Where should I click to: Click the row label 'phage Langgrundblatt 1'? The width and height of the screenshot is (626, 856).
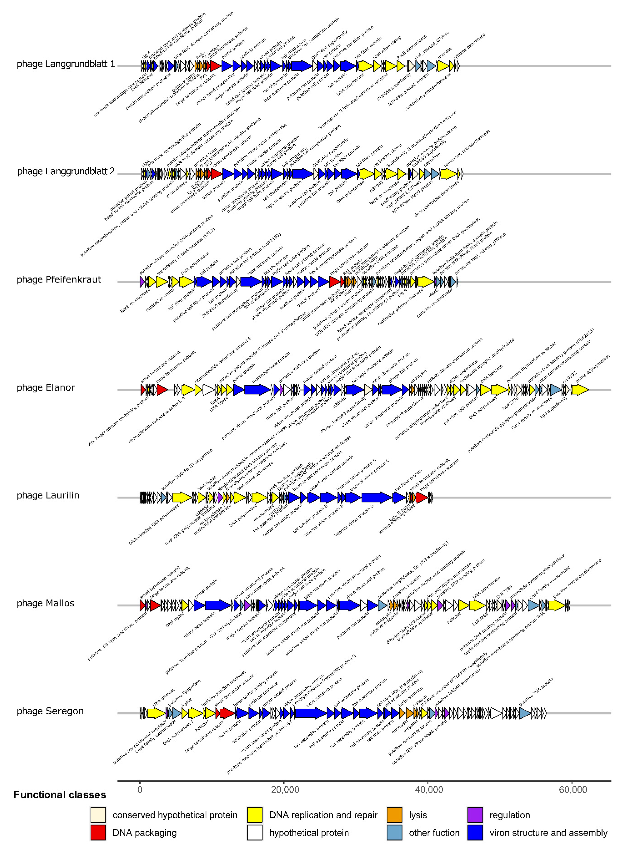[x=66, y=64]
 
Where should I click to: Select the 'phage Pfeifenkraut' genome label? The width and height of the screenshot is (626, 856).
[x=59, y=279]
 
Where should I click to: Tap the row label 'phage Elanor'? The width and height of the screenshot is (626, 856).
[x=46, y=387]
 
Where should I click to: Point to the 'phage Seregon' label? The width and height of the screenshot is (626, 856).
[x=50, y=711]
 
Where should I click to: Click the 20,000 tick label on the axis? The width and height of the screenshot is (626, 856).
[x=285, y=789]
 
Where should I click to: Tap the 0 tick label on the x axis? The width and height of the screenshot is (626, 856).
[x=140, y=789]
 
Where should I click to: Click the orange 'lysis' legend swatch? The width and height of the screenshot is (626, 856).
[x=394, y=815]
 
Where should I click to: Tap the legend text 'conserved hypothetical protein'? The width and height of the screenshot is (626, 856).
[x=175, y=815]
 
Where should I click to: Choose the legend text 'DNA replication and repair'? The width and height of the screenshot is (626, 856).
[x=323, y=815]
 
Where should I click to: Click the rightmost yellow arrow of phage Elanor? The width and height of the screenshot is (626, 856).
[x=580, y=390]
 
